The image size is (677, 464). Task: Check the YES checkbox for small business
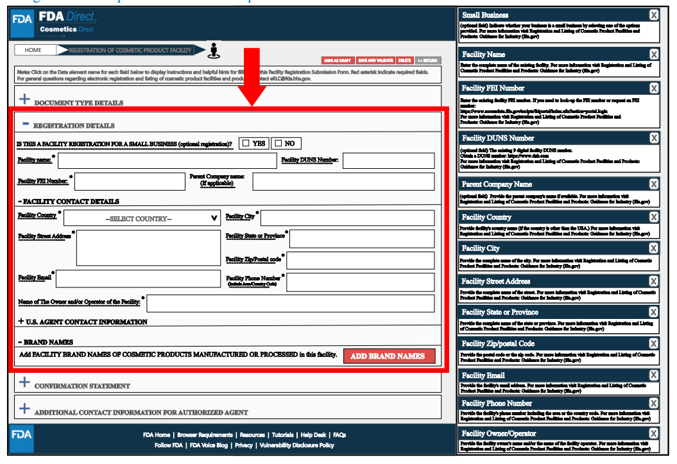246,144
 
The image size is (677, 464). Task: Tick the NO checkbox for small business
278,144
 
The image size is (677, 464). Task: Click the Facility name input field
167,160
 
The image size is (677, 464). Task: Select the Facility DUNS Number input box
388,160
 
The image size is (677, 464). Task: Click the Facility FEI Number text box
130,182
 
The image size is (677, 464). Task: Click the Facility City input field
347,218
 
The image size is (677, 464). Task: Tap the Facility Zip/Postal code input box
360,261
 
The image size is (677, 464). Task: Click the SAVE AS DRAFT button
336,60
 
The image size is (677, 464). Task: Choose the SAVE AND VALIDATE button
375,60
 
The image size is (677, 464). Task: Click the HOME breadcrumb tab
33,50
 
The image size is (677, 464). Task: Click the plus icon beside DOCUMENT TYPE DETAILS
24,99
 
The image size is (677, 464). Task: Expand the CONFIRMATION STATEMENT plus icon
24,382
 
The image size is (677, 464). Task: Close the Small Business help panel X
653,15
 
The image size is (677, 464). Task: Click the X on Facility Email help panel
653,375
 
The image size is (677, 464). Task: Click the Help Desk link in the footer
314,435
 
